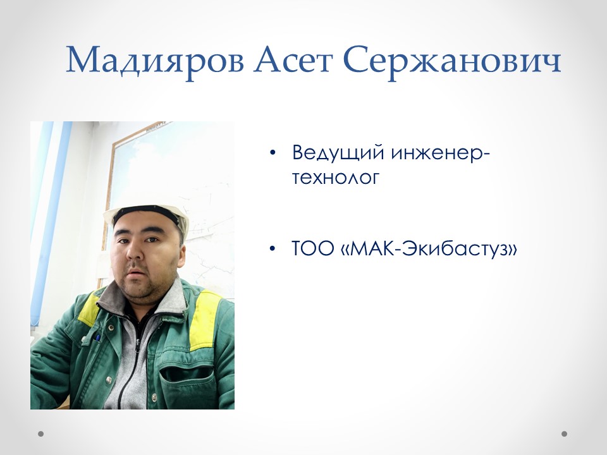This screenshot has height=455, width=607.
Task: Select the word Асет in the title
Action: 293,61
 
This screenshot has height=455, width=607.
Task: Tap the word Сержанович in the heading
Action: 453,61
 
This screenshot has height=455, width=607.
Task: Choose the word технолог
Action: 336,178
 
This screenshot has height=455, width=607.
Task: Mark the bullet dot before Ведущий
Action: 273,154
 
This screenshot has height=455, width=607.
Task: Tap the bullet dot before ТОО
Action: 273,248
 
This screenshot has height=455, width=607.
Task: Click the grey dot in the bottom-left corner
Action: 41,434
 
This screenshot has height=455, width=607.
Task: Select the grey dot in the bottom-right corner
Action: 565,434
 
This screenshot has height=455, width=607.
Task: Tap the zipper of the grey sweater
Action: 137,354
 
